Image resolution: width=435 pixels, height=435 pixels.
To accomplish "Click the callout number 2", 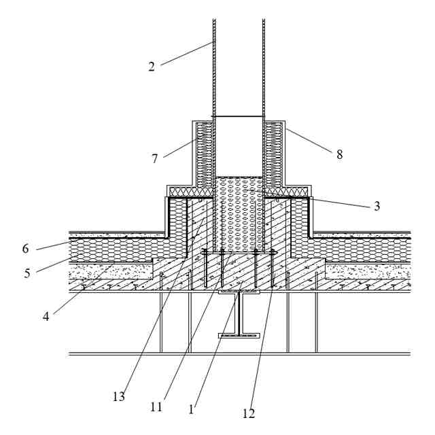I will pos(152,66).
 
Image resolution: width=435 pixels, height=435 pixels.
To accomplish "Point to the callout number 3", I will pos(377,206).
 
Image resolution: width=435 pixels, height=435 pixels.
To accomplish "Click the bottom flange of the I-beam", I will pos(239,335).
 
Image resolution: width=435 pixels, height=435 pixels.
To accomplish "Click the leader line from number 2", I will pos(186,53).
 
